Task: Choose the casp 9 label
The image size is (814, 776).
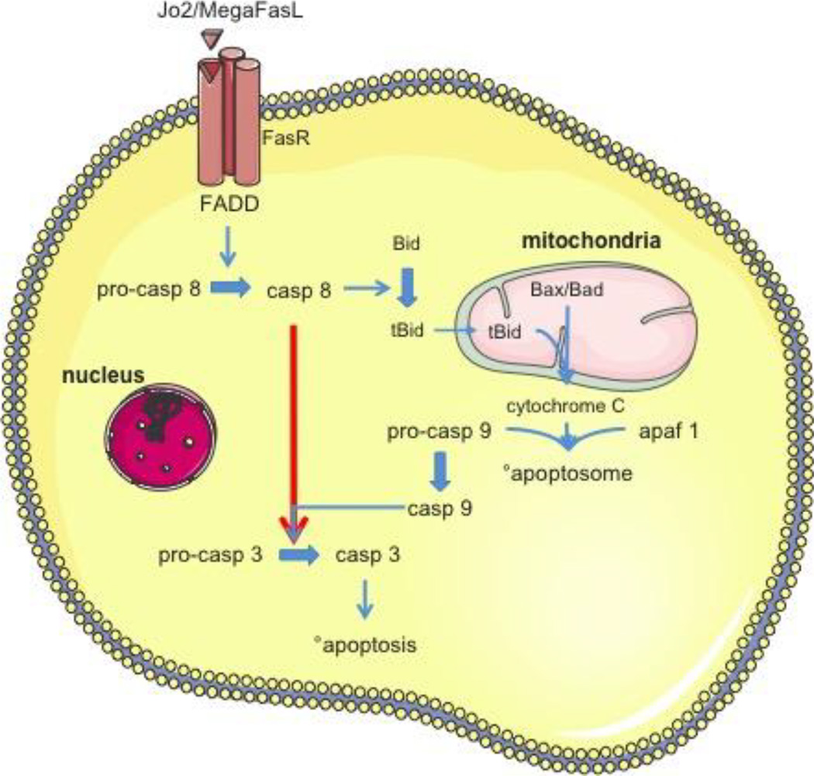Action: click(440, 508)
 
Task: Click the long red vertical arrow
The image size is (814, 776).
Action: click(295, 419)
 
